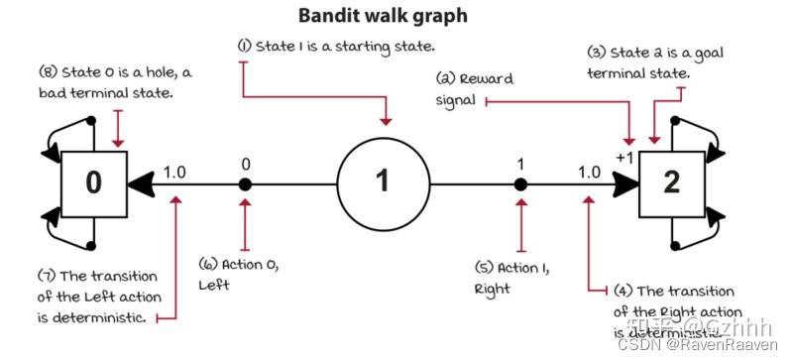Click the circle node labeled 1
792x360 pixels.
383,182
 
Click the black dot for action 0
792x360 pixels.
245,183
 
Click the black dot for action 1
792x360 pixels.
519,183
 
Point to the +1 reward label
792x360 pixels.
623,158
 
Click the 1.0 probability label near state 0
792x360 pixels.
174,171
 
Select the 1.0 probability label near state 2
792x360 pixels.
588,171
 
